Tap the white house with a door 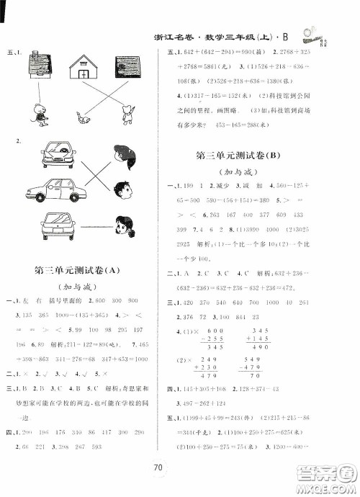(84, 68)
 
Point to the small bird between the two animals (84, 115)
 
